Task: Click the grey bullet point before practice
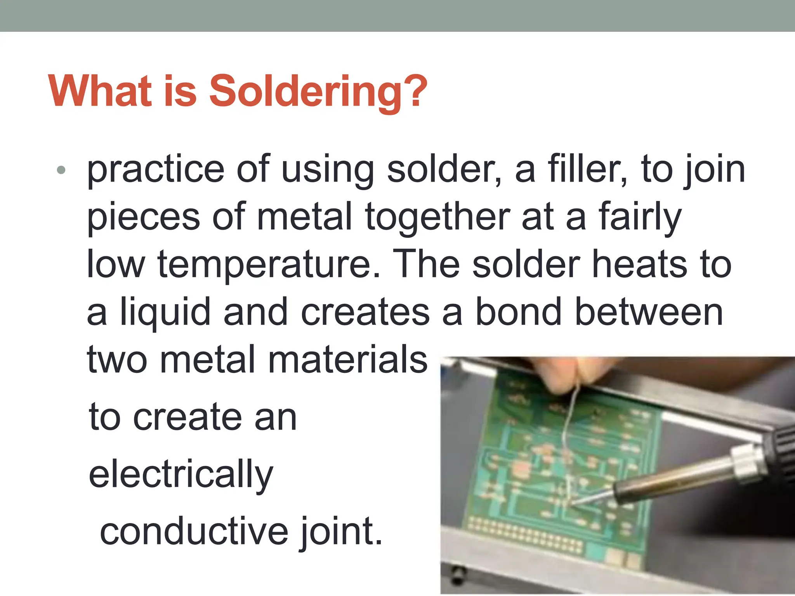(x=61, y=170)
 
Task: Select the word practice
(x=156, y=170)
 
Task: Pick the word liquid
(x=165, y=312)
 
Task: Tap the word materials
(x=348, y=360)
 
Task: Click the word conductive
(x=194, y=532)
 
